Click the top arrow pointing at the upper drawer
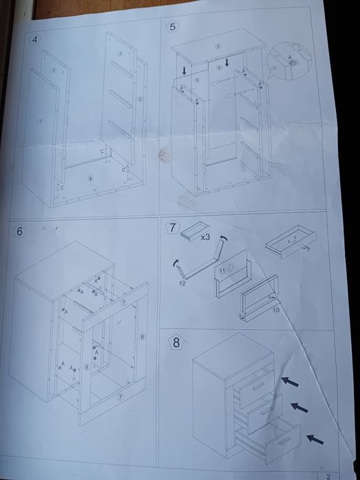[289, 379]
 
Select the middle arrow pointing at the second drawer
[299, 408]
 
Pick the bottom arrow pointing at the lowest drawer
[315, 437]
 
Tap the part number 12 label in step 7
[182, 283]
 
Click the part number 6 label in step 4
[90, 178]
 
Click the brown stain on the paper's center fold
[163, 155]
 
